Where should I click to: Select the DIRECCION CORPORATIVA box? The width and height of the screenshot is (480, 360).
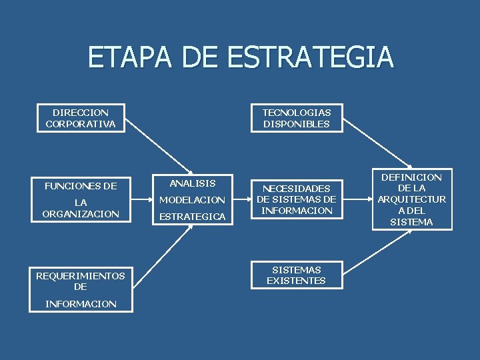(x=81, y=118)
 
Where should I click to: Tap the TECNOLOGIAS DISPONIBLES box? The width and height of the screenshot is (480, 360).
(x=296, y=118)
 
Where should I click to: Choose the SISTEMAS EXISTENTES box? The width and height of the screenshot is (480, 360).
(x=296, y=275)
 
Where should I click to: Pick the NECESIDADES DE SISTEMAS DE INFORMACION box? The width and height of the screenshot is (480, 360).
(x=296, y=199)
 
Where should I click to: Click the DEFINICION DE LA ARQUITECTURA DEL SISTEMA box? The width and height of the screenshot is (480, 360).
(x=411, y=199)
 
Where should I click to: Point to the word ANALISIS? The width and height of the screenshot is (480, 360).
(x=192, y=183)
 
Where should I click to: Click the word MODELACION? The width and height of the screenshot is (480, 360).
(x=192, y=200)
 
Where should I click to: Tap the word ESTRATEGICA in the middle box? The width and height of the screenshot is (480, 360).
(x=192, y=217)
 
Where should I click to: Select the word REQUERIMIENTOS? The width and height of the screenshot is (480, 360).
(x=81, y=275)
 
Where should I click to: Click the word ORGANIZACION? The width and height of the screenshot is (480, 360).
(x=81, y=214)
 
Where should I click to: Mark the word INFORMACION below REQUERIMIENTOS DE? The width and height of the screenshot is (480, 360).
(x=81, y=304)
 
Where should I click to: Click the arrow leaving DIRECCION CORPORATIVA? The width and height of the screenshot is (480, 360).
(x=158, y=147)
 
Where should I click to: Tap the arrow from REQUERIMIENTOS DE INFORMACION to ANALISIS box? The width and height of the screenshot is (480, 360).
(x=160, y=250)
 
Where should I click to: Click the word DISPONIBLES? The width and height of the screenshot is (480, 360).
(x=296, y=124)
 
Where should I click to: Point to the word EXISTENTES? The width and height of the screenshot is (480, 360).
(x=296, y=281)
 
